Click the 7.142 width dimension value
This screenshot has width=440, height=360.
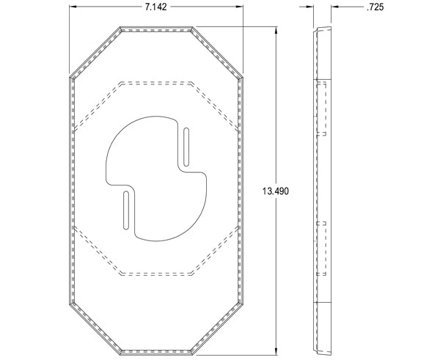click(x=155, y=7)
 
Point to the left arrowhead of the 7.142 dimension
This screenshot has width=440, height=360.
click(x=73, y=7)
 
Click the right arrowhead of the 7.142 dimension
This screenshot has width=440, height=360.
click(x=240, y=7)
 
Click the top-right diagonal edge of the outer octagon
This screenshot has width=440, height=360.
click(x=218, y=52)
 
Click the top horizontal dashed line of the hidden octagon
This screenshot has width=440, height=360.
click(x=155, y=81)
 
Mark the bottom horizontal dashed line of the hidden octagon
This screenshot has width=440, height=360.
click(x=155, y=275)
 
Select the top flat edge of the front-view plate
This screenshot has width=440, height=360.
click(x=155, y=28)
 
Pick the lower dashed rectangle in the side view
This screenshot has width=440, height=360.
click(x=320, y=248)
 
